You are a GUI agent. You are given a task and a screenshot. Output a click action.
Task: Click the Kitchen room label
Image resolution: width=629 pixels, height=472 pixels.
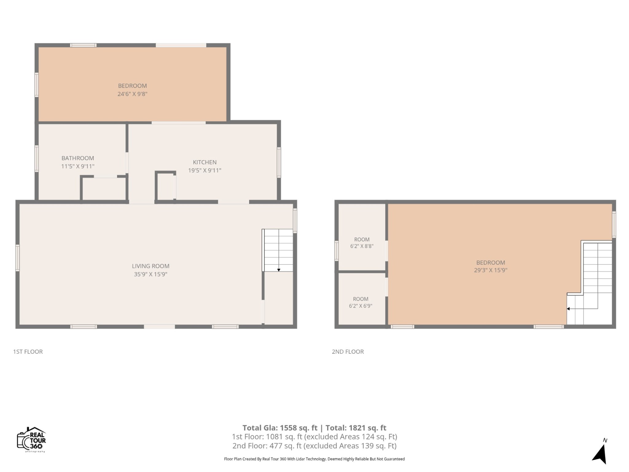(205, 162)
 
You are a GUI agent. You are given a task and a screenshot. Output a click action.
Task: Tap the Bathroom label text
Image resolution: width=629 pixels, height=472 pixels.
(78, 158)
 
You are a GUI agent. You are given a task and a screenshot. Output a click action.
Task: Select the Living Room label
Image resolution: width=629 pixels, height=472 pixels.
(150, 266)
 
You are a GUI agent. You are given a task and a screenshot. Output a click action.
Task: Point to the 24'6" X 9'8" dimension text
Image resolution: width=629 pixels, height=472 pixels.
(132, 94)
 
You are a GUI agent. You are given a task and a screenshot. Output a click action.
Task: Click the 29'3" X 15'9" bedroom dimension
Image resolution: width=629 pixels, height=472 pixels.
(490, 270)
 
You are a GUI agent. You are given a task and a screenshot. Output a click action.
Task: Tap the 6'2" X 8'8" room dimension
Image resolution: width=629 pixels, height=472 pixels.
(362, 246)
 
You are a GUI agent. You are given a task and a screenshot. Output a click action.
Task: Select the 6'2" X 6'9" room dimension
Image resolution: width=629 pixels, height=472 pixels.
(361, 306)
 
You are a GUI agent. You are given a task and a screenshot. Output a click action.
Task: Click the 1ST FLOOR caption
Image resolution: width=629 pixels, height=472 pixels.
(28, 352)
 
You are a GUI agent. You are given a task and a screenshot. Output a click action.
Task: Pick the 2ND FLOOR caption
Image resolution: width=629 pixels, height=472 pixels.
(348, 352)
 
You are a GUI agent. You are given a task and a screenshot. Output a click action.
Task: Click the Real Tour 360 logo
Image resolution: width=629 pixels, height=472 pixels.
(32, 440)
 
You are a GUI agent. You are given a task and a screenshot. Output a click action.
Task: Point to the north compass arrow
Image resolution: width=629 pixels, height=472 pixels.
(600, 454)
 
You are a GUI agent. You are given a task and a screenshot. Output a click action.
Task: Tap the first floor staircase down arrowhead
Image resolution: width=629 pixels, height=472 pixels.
(279, 270)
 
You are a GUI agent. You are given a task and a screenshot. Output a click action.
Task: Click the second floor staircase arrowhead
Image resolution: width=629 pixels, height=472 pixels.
(568, 309)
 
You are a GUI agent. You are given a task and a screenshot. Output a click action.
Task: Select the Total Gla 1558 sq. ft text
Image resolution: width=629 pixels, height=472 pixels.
(280, 428)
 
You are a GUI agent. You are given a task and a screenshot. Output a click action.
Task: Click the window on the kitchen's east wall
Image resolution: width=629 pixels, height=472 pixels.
(279, 163)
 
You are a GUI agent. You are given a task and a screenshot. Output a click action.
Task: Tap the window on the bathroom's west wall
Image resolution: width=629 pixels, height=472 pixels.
(37, 159)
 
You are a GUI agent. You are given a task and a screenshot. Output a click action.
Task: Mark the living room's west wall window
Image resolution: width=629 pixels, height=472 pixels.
(18, 258)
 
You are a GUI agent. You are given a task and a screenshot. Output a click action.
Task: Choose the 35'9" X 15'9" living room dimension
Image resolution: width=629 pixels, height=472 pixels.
(150, 274)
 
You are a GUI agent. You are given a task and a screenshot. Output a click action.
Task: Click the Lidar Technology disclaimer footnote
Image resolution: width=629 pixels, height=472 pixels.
(314, 459)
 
